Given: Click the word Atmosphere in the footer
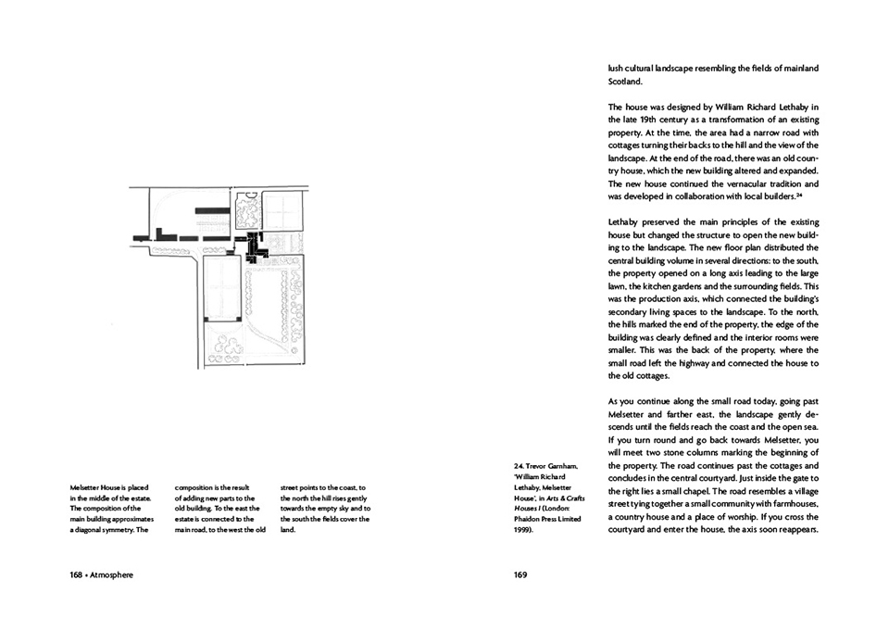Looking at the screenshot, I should click(x=113, y=574).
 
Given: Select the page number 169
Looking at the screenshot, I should click(x=520, y=574).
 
